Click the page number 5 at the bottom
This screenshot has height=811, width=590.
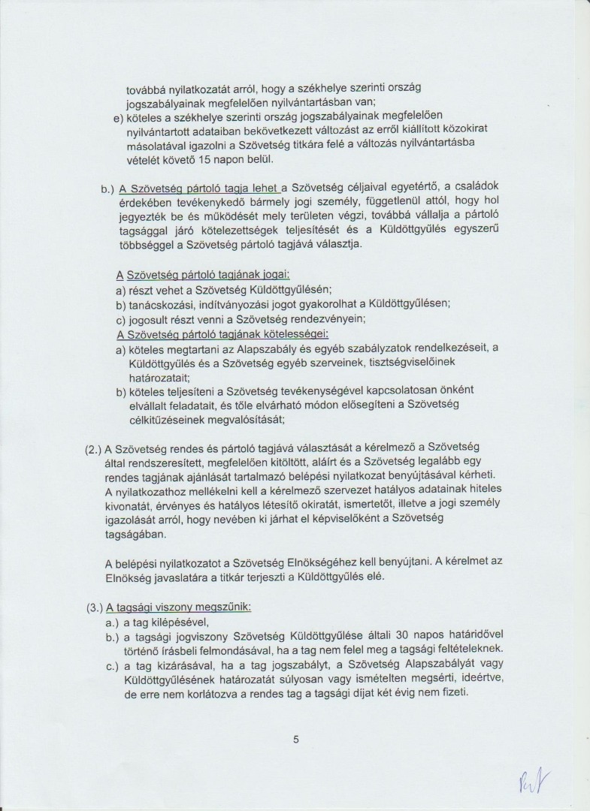click(x=296, y=740)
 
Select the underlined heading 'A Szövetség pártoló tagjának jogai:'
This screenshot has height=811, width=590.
click(x=203, y=275)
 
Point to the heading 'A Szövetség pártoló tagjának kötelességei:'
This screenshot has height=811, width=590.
click(x=222, y=333)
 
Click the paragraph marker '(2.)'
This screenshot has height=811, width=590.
click(x=92, y=448)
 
